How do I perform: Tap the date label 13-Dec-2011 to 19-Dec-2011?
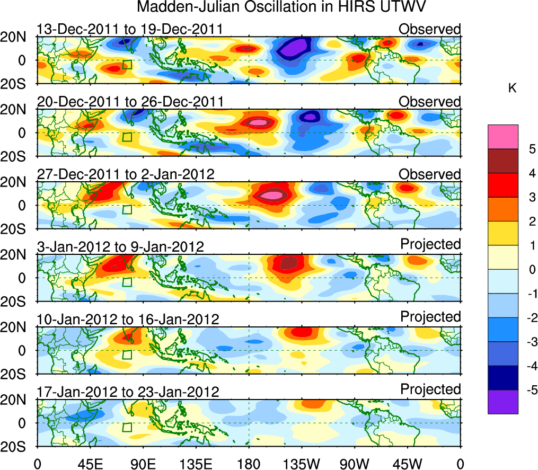point(130,29)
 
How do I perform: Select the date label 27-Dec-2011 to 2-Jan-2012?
point(126,174)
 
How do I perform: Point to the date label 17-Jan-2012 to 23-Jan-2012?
point(128,392)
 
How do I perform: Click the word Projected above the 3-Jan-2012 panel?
point(430,244)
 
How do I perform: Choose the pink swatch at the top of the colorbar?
point(502,137)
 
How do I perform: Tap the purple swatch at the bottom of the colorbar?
point(502,402)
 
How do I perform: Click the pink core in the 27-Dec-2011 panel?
point(274,195)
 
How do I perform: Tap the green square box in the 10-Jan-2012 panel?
point(127,354)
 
